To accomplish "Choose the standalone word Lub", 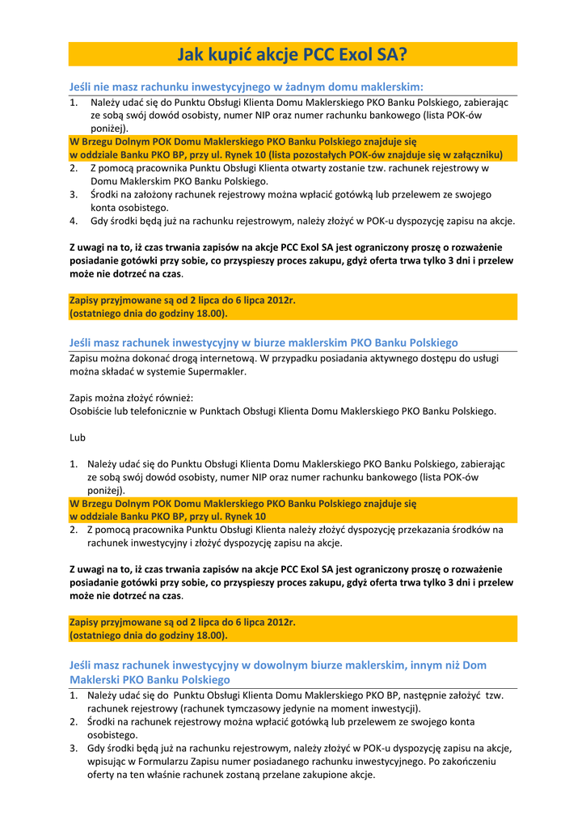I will point(78,437).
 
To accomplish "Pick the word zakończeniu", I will point(470,761).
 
